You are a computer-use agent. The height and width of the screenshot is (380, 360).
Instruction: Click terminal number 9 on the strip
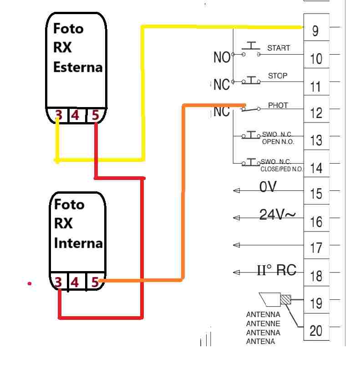315,31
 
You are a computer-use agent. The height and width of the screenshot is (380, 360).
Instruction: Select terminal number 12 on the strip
316,113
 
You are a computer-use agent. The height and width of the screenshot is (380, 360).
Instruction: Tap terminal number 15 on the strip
316,194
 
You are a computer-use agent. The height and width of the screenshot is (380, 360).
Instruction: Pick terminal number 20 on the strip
316,331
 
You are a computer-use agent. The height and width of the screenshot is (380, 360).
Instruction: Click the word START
279,48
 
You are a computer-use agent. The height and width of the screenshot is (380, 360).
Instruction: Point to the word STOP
278,76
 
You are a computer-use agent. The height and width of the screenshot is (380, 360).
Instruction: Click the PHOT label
278,105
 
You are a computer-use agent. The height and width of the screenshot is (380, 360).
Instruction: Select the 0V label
268,187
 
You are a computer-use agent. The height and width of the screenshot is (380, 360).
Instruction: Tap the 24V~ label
278,215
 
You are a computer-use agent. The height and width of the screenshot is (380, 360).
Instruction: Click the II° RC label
276,270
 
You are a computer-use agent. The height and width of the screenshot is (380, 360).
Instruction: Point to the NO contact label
222,57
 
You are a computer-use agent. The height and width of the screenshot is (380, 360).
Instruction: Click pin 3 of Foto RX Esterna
59,115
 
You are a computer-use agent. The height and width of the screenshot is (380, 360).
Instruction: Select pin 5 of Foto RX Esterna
96,115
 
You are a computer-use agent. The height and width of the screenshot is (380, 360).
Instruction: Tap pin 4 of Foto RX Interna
75,282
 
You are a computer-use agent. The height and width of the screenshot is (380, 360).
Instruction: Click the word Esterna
78,67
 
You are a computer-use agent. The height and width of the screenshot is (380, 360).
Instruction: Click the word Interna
78,243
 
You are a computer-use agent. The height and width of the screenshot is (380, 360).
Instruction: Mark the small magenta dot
30,283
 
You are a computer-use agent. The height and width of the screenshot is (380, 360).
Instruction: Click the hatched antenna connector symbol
286,299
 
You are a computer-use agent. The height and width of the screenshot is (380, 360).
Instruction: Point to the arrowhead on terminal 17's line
237,245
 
